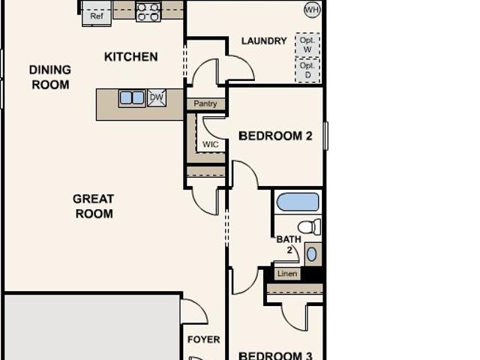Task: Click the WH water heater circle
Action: point(312,10)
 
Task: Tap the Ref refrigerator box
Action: point(97,13)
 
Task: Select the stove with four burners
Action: point(148,12)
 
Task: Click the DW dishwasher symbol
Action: point(157,97)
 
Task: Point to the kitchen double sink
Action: point(132,98)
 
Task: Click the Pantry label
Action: point(205,103)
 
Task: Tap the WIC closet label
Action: point(211,144)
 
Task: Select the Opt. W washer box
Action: point(307,45)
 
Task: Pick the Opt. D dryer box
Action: point(307,70)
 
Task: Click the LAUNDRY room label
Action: point(264,40)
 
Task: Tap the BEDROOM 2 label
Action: point(275,136)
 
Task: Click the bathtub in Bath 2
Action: point(298,202)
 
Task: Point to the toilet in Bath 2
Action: point(309,227)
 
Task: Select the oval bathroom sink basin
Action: point(312,254)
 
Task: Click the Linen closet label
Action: point(287,273)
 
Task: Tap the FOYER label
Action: point(203,340)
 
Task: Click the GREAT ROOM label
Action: point(94,206)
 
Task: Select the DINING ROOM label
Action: point(50,77)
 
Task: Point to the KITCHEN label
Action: point(131,57)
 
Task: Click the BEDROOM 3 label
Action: point(275,355)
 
